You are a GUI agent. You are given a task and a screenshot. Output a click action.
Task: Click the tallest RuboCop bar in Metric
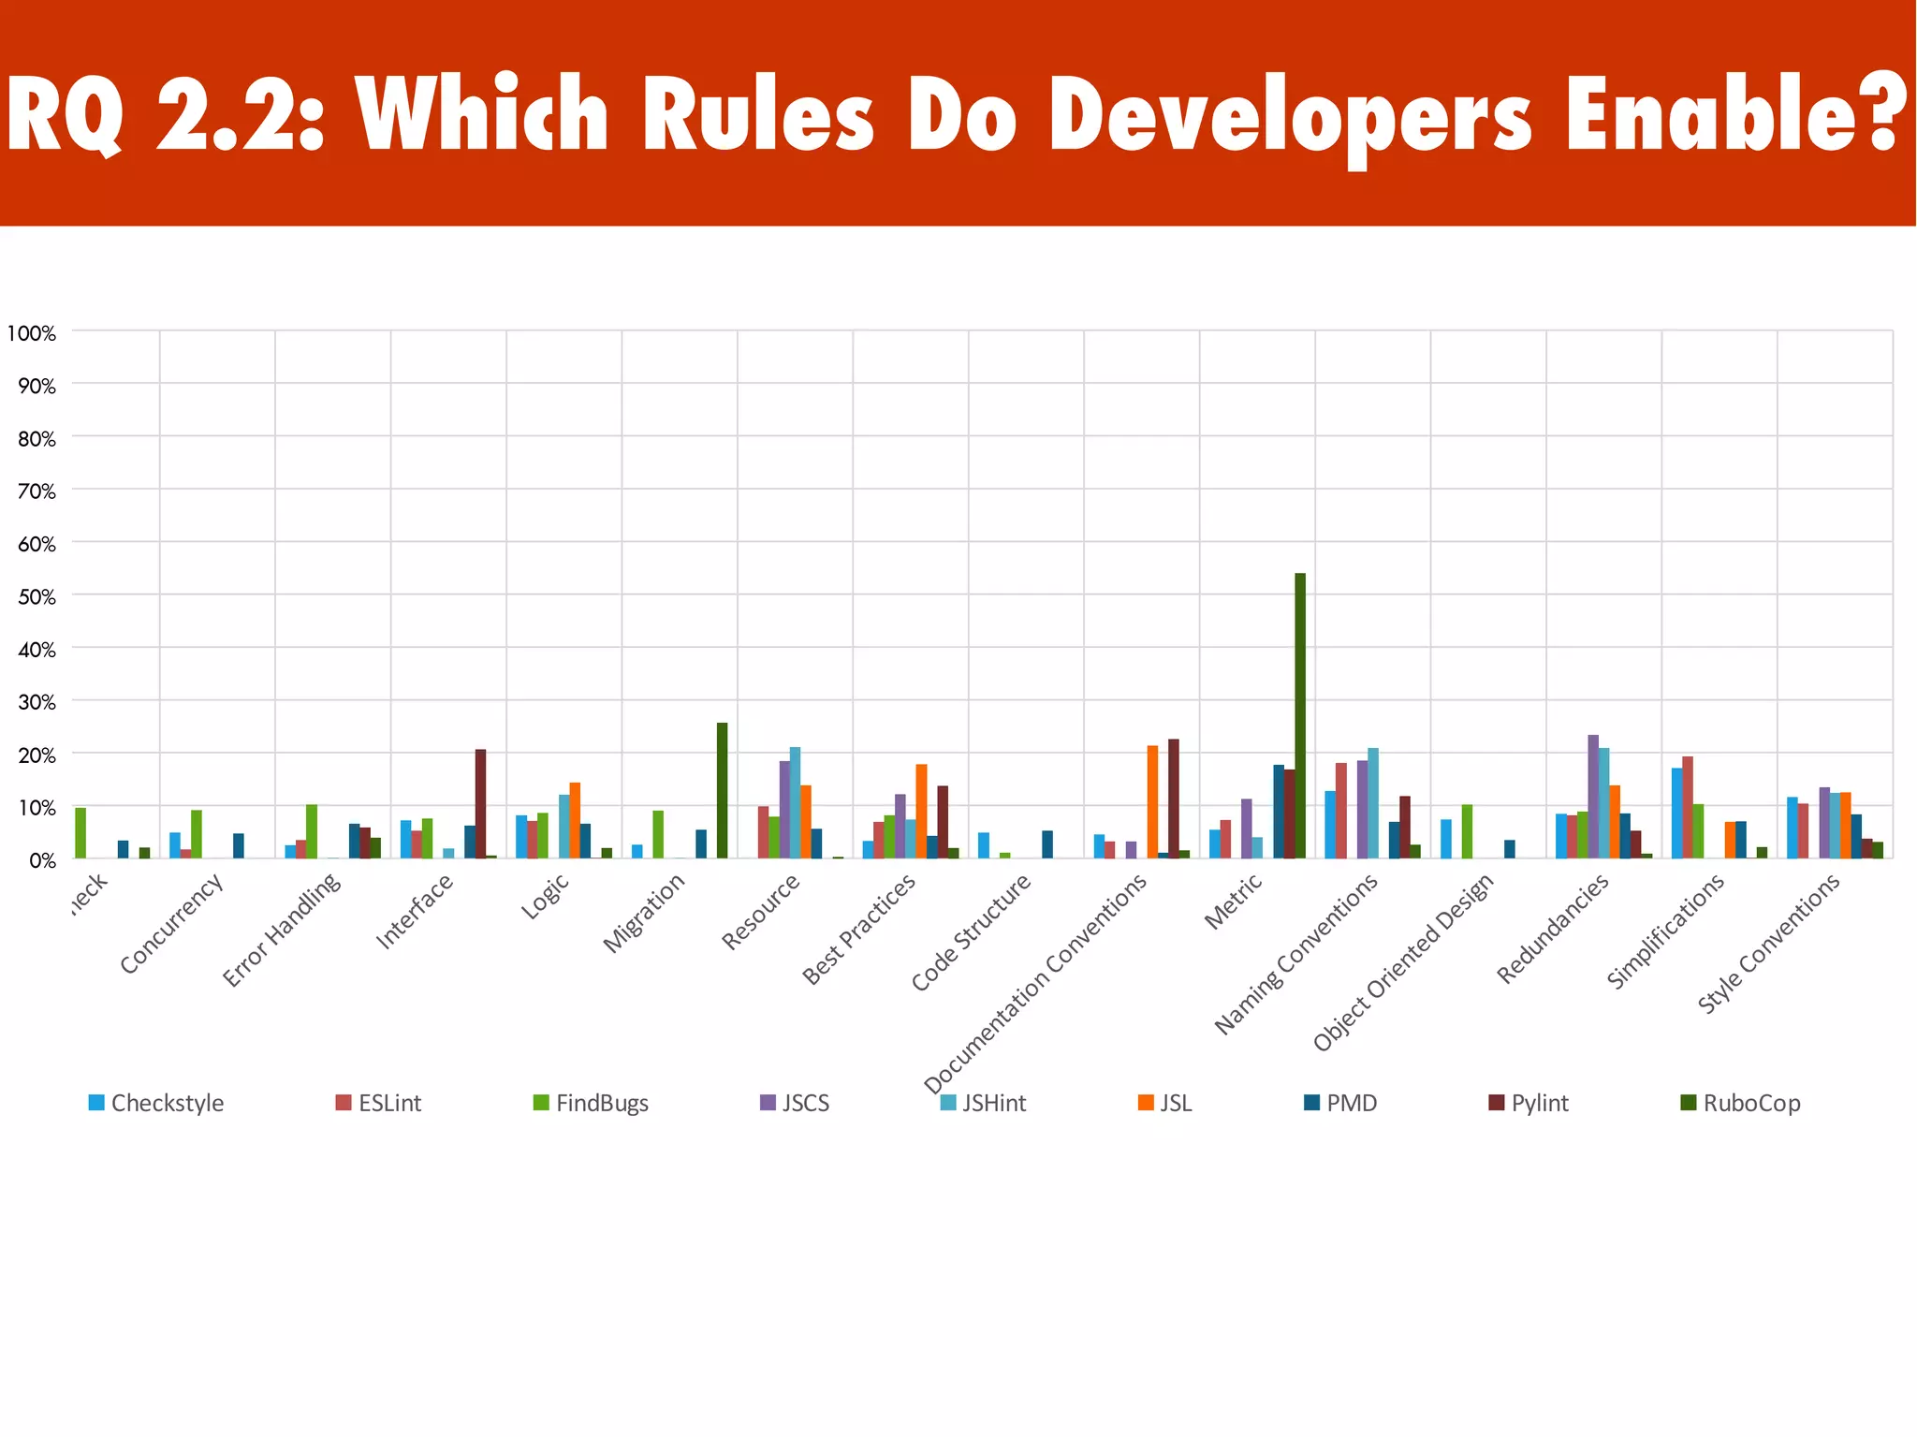1300,716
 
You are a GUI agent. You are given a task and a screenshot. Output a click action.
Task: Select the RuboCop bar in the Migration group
722,791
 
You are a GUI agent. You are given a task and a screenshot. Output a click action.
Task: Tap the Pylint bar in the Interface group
480,804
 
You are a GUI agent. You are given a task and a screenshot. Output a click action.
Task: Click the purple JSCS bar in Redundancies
1593,797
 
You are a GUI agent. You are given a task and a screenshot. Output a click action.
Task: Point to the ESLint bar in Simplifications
1688,808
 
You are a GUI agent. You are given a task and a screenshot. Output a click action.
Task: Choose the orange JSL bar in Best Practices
921,812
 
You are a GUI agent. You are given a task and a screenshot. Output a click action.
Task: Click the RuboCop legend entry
1740,1103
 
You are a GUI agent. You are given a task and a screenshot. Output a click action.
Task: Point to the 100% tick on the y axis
32,333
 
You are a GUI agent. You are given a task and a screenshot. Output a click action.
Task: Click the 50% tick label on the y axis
37,596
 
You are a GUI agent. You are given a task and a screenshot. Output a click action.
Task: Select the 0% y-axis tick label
41,859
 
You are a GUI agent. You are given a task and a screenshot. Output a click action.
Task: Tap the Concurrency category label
172,923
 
